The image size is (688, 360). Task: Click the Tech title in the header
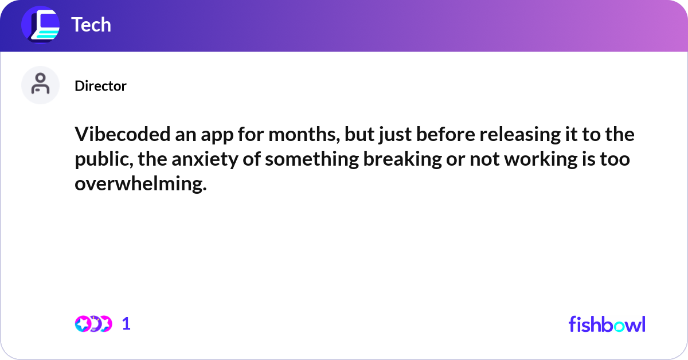coord(91,25)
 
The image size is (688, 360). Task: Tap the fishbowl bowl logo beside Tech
coord(41,25)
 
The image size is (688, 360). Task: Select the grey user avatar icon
coord(40,85)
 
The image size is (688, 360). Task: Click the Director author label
coord(100,86)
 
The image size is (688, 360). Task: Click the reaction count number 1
coord(126,324)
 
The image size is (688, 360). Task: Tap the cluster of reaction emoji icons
coord(93,324)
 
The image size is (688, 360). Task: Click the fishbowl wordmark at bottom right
coord(607,324)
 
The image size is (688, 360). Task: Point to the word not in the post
coord(480,160)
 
